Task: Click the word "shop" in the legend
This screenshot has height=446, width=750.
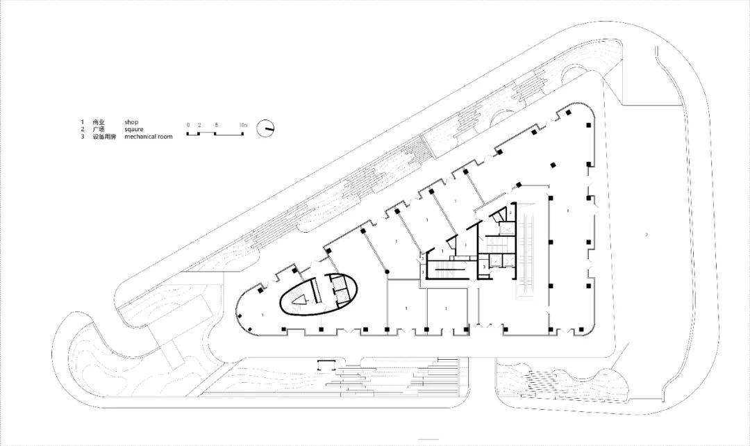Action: (131, 122)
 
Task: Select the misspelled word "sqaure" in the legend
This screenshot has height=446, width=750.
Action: (134, 129)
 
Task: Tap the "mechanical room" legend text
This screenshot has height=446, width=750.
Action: (149, 137)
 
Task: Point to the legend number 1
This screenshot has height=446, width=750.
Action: (82, 122)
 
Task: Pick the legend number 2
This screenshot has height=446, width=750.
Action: (82, 129)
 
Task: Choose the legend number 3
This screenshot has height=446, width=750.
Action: (82, 137)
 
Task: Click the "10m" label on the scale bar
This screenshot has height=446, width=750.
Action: (242, 124)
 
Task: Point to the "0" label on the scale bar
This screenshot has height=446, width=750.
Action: (187, 124)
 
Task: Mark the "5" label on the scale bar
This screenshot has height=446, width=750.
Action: (217, 124)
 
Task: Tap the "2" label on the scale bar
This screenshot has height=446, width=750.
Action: (199, 124)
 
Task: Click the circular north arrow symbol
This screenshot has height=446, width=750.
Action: (265, 129)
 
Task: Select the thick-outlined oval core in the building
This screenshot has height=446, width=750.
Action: (319, 297)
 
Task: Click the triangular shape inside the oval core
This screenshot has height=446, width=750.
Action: (300, 299)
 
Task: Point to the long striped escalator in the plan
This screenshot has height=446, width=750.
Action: (531, 251)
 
